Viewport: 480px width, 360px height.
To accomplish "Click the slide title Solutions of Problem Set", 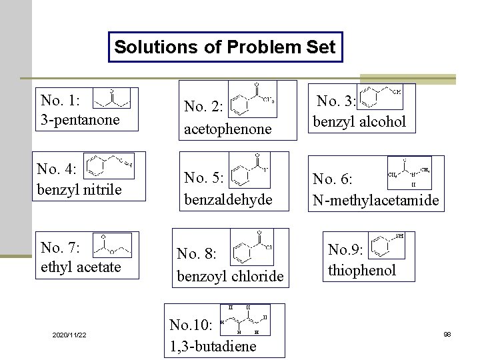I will tap(225, 47).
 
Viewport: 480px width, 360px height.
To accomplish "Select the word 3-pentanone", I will tap(80, 120).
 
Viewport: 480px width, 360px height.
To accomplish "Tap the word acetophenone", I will tap(228, 129).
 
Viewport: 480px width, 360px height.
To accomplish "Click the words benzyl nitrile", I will tap(79, 189).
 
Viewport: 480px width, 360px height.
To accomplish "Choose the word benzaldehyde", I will tap(228, 199).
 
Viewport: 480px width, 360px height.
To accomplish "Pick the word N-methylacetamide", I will tap(376, 200).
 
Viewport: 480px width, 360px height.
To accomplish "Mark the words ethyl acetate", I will tap(81, 267).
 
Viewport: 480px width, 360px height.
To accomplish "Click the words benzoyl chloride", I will tap(230, 276).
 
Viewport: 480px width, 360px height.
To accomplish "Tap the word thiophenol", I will tap(362, 270).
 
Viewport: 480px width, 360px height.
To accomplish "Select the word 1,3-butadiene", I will tap(212, 347).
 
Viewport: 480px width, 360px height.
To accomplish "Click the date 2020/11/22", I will tap(69, 334).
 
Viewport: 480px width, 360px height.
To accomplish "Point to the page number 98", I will tap(447, 334).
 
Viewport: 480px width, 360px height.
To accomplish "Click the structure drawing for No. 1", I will tap(111, 98).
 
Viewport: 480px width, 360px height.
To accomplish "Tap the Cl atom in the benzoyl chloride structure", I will tap(269, 246).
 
